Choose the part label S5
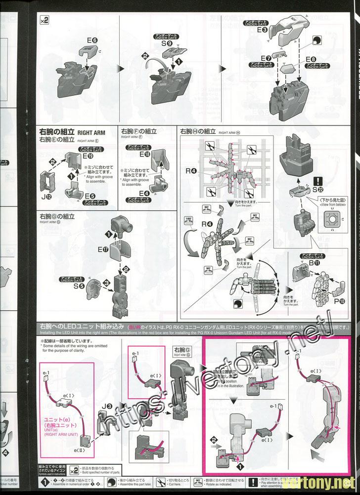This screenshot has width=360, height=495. [78, 286]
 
